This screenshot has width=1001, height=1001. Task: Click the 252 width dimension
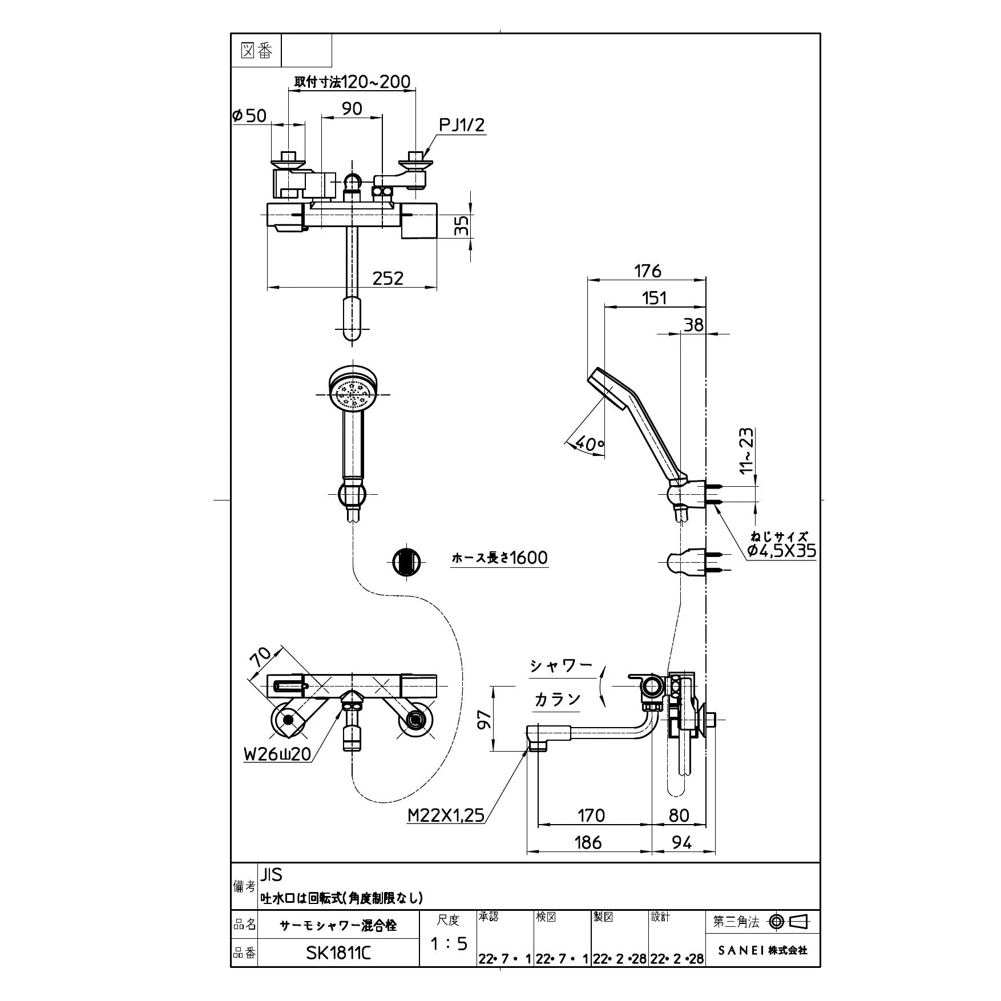[x=388, y=278]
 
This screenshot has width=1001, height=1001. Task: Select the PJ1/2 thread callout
[x=462, y=125]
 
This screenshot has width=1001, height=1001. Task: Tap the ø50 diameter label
[x=249, y=116]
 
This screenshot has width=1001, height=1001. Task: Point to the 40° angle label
[x=589, y=443]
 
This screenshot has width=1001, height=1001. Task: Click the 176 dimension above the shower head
[x=647, y=271]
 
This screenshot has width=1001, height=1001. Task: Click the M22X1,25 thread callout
[x=446, y=816]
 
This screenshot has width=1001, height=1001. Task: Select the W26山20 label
[x=277, y=754]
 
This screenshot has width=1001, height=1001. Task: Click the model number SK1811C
[x=338, y=952]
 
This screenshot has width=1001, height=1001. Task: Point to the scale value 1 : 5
[x=449, y=944]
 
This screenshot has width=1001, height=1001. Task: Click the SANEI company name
[x=762, y=950]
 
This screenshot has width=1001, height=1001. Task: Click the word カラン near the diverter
[x=557, y=699]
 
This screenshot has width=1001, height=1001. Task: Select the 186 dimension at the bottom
[x=588, y=842]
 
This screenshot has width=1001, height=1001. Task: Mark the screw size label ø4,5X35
[x=781, y=551]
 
